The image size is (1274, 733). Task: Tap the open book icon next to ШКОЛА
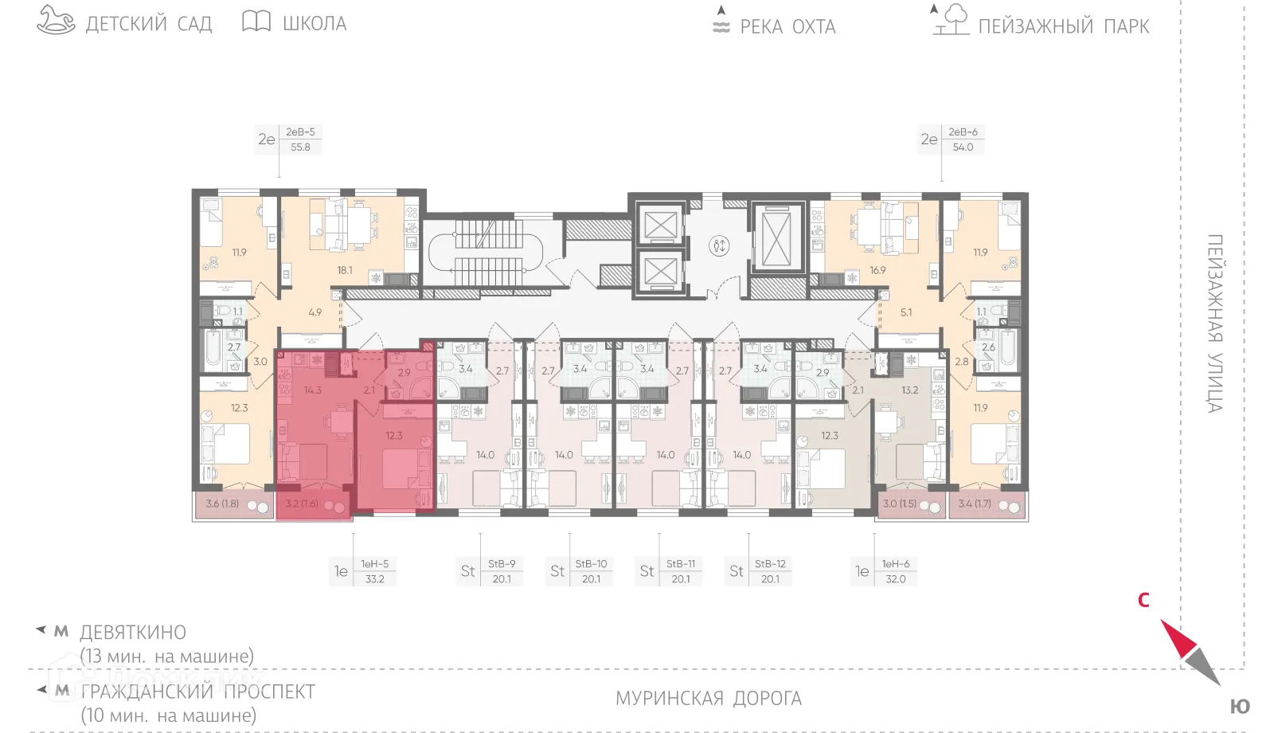coord(256,22)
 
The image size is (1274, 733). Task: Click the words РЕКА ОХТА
coord(787,27)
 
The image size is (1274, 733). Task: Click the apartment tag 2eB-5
coord(300,132)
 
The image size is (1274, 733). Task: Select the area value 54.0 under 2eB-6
coord(963,147)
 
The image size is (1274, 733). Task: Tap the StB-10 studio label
coord(591,564)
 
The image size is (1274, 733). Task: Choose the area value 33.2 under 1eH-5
coord(374,579)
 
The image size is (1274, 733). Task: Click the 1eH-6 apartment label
coord(896,564)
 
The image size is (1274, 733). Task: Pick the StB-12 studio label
coord(770,564)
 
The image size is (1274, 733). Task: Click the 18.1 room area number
coord(345,270)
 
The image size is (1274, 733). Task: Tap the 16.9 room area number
coord(877,270)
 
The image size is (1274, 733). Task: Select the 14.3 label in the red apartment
coord(312,390)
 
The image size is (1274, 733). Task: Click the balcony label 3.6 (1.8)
coord(222,504)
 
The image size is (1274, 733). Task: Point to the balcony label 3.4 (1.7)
coord(975,504)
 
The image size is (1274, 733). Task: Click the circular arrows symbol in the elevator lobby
coord(719,245)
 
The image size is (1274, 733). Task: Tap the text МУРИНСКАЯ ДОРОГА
coord(708,699)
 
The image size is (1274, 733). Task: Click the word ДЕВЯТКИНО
coord(133,633)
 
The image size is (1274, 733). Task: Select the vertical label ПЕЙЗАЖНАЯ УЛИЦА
coord(1214,323)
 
